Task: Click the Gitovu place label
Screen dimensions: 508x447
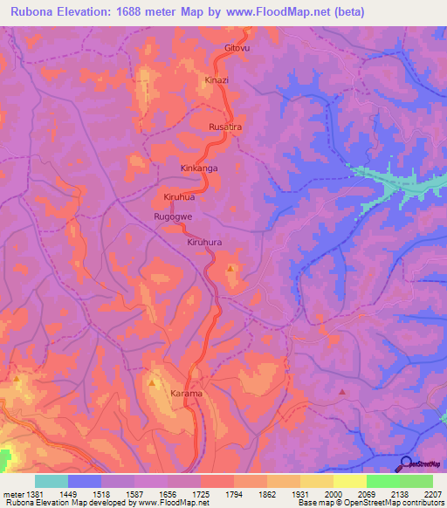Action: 237,48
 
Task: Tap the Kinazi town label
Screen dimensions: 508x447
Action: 217,79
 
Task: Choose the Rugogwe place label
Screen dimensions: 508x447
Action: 173,216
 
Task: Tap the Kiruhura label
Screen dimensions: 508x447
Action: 207,243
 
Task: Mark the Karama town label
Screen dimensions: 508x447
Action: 186,394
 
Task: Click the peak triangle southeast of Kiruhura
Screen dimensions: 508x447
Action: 230,269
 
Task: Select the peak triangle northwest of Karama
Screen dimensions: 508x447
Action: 154,381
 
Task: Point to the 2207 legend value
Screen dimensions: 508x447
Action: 432,494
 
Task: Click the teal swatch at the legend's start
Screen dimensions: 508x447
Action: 52,481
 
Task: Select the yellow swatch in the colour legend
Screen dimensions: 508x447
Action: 349,481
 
